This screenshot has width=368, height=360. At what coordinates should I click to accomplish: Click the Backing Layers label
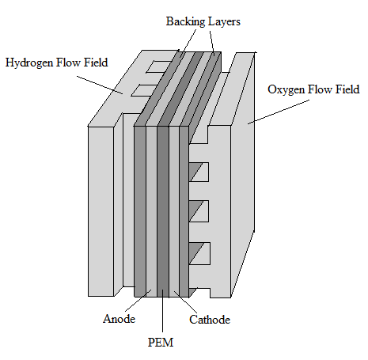pyautogui.click(x=203, y=21)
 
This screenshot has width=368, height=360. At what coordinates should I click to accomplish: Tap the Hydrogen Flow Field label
pyautogui.click(x=57, y=63)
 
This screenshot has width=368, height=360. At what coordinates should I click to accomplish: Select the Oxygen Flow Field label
pyautogui.click(x=313, y=89)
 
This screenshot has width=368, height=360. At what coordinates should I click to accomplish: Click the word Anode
pyautogui.click(x=119, y=319)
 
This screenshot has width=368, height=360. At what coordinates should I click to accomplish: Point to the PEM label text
pyautogui.click(x=161, y=343)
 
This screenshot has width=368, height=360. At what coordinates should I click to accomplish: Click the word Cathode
pyautogui.click(x=210, y=320)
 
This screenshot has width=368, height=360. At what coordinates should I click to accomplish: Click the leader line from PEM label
pyautogui.click(x=162, y=311)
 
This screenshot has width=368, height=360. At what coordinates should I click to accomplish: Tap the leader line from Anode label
pyautogui.click(x=138, y=301)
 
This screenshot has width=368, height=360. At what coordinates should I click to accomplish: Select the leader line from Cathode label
pyautogui.click(x=185, y=302)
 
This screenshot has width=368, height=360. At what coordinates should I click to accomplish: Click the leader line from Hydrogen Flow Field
pyautogui.click(x=100, y=85)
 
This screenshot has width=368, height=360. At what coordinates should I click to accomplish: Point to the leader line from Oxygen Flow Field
pyautogui.click(x=279, y=112)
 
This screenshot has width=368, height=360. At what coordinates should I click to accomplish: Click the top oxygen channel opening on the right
pyautogui.click(x=199, y=172)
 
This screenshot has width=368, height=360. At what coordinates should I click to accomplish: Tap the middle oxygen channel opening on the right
pyautogui.click(x=199, y=211)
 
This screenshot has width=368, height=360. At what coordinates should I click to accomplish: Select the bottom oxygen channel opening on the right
pyautogui.click(x=199, y=253)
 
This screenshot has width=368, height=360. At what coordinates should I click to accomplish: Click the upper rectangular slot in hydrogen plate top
pyautogui.click(x=159, y=66)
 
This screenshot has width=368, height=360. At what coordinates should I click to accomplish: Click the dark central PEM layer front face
pyautogui.click(x=163, y=211)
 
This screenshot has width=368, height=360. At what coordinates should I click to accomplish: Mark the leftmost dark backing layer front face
pyautogui.click(x=140, y=211)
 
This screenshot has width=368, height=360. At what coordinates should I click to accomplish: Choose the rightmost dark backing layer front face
pyautogui.click(x=184, y=211)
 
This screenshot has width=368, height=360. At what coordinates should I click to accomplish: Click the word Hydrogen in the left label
pyautogui.click(x=29, y=63)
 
